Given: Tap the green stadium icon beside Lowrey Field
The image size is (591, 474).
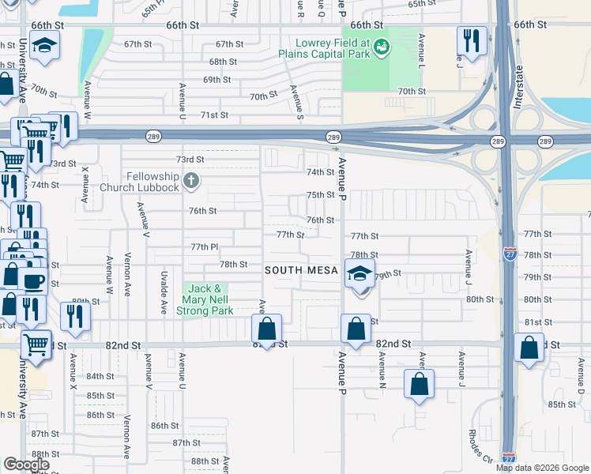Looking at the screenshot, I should click(x=382, y=48).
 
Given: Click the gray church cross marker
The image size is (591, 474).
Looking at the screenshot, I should click(x=190, y=182).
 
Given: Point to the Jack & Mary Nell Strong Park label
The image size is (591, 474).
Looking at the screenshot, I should click(x=207, y=299).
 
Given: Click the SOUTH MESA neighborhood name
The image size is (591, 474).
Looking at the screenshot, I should click(x=301, y=270).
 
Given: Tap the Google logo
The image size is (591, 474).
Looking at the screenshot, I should click(x=26, y=465).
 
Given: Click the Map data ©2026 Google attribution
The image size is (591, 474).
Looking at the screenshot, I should click(x=542, y=468).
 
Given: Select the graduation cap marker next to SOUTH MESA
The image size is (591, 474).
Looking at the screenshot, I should click(x=359, y=274).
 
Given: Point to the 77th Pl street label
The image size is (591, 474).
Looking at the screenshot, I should click(x=204, y=247).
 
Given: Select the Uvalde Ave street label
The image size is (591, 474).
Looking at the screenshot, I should click(x=164, y=292).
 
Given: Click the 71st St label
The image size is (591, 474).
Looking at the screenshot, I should click(x=214, y=115).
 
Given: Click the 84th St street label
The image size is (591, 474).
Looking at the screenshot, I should click(x=100, y=376).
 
